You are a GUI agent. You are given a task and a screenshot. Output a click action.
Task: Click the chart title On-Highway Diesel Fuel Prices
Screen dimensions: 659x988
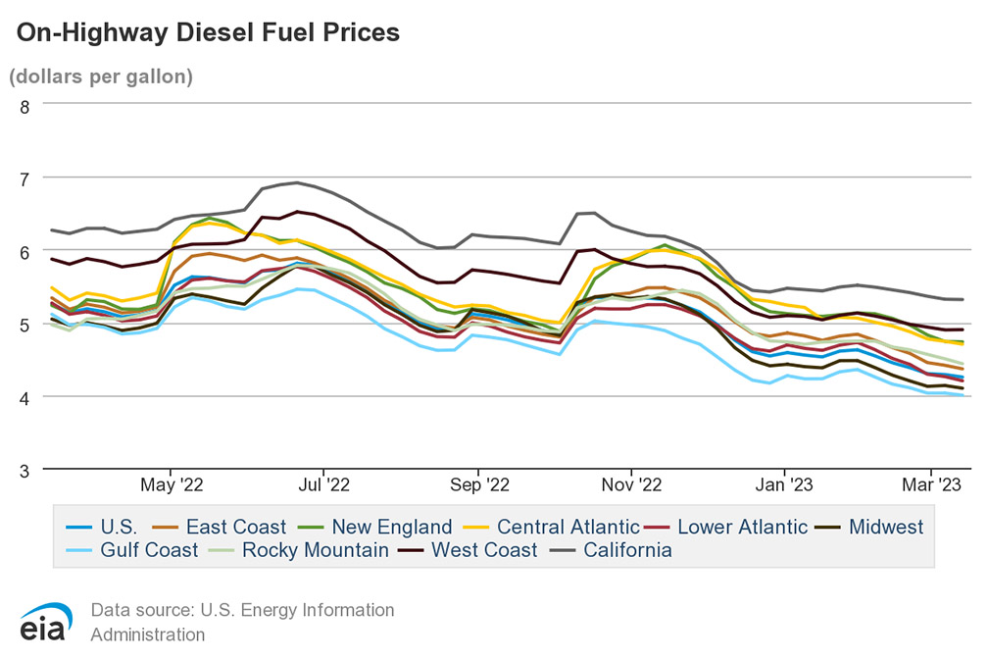click(x=208, y=32)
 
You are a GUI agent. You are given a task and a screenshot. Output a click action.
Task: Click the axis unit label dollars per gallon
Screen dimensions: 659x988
click(x=101, y=76)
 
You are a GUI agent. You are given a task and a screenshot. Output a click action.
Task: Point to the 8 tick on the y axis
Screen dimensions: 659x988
click(x=24, y=105)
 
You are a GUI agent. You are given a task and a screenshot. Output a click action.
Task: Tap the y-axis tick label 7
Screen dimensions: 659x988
click(x=24, y=178)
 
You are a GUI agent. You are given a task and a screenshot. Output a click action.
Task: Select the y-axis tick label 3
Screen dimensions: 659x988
click(x=24, y=471)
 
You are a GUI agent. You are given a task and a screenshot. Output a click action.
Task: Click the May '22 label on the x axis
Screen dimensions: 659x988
click(x=172, y=484)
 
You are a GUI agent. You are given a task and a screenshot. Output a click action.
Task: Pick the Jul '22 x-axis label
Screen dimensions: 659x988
click(x=323, y=484)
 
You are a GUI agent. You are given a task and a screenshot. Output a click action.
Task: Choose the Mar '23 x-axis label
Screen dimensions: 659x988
click(x=930, y=484)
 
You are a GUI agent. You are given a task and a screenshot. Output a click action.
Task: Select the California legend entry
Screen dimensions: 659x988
click(x=627, y=550)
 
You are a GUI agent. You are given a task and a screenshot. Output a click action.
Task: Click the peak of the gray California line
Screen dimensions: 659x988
click(x=296, y=182)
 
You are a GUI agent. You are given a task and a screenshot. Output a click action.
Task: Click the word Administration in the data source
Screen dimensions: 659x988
click(x=148, y=634)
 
